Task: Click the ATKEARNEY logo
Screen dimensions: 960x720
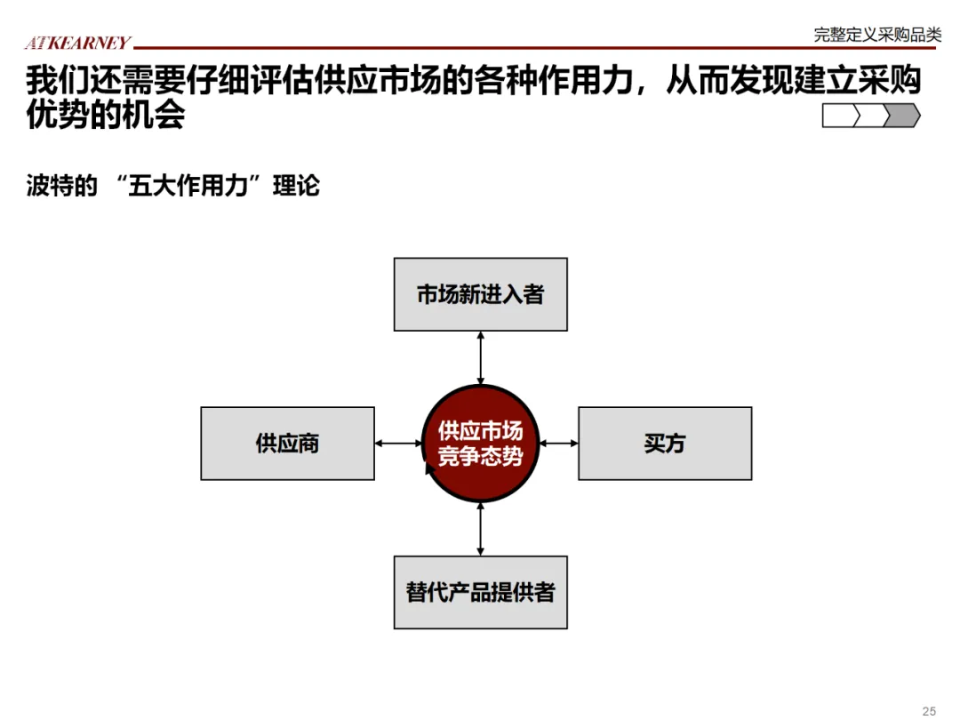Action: [x=77, y=43]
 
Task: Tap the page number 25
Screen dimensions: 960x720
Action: [x=929, y=710]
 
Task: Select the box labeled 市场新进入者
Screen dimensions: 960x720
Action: [x=480, y=294]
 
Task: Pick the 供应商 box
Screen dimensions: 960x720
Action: [x=287, y=444]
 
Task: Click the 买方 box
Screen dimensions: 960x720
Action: [x=665, y=444]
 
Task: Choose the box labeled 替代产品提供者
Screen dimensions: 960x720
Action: [x=480, y=592]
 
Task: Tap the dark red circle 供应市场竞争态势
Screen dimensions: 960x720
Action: [x=480, y=444]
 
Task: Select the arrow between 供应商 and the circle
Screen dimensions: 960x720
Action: [x=398, y=444]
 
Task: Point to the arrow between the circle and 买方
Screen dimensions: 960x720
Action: [x=559, y=444]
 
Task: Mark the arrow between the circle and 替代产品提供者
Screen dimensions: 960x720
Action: [x=480, y=529]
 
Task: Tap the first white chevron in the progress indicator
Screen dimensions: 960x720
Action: [x=840, y=116]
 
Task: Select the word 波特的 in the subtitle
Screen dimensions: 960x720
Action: [x=61, y=187]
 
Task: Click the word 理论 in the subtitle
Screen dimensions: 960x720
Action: [x=296, y=187]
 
